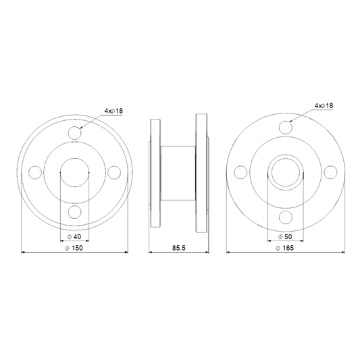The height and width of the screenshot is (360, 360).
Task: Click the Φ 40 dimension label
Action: pyautogui.click(x=74, y=236)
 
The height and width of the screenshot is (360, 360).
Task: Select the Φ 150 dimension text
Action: pyautogui.click(x=74, y=248)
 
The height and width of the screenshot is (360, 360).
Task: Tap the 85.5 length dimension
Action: pyautogui.click(x=178, y=248)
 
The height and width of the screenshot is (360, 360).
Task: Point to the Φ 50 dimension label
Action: pyautogui.click(x=285, y=236)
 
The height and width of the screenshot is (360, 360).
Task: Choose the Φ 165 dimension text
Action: pyautogui.click(x=285, y=248)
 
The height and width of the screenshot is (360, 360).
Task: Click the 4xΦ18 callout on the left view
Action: pyautogui.click(x=113, y=111)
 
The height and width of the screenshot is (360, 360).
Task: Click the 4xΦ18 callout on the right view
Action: pyautogui.click(x=324, y=106)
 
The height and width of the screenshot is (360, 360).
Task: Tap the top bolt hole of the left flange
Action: pyautogui.click(x=74, y=132)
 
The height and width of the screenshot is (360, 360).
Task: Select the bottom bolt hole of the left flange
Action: pyautogui.click(x=74, y=212)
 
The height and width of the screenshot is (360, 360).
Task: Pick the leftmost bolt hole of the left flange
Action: pyautogui.click(x=35, y=172)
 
